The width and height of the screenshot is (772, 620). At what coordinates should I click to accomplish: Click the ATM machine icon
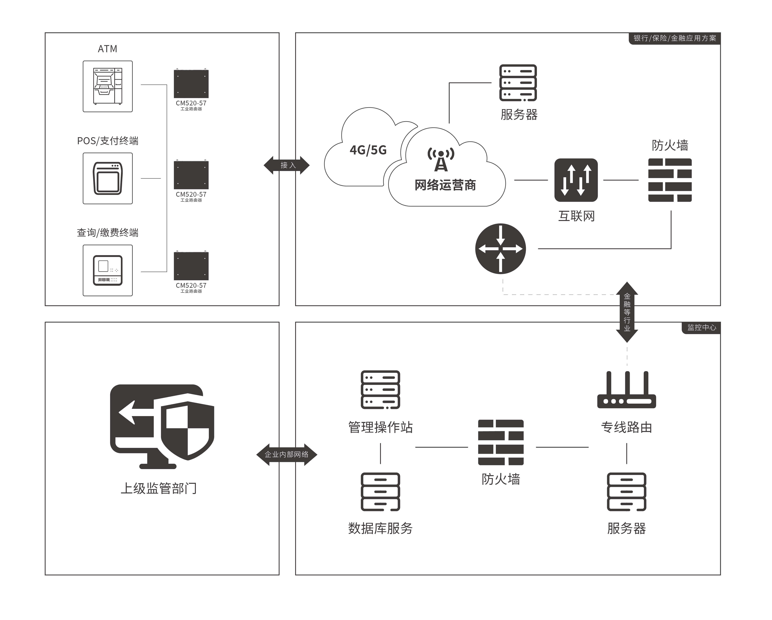point(108,86)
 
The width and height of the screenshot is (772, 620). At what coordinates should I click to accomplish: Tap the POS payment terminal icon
point(108,178)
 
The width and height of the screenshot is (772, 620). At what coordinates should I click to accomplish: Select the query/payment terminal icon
point(108,270)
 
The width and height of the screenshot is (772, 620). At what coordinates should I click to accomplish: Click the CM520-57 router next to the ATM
point(191,84)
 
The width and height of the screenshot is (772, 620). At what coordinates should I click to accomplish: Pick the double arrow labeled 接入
point(287,165)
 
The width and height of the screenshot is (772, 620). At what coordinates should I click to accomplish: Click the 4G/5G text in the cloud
point(368,150)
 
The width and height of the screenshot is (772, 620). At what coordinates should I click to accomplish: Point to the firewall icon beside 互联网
point(670,180)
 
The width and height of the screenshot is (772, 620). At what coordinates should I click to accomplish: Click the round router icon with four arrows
point(501,249)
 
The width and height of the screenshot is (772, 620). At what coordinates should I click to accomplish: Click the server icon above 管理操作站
point(380,390)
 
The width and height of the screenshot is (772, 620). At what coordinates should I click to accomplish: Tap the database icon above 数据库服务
point(380,492)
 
